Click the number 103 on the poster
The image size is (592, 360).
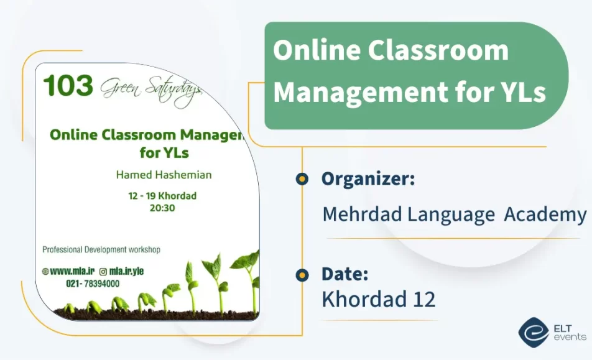pos(68,86)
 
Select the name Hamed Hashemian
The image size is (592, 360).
pos(164,175)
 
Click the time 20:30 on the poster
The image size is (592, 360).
pos(162,208)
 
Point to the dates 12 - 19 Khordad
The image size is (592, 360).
pos(162,196)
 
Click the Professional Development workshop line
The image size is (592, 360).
pos(101,249)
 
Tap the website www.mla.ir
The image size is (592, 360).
pos(72,271)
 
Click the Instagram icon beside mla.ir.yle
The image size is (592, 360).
pos(103,271)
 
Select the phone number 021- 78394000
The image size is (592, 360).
pos(93,284)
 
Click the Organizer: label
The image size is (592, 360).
pos(368,179)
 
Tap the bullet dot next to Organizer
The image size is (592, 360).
pos(302,179)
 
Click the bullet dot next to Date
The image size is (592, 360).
pos(302,274)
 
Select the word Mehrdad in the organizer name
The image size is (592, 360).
pos(361,215)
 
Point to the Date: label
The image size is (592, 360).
pos(345,274)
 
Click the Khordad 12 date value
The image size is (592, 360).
pos(378,299)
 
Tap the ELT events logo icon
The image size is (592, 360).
pos(533,333)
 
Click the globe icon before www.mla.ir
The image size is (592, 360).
pos(45,271)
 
